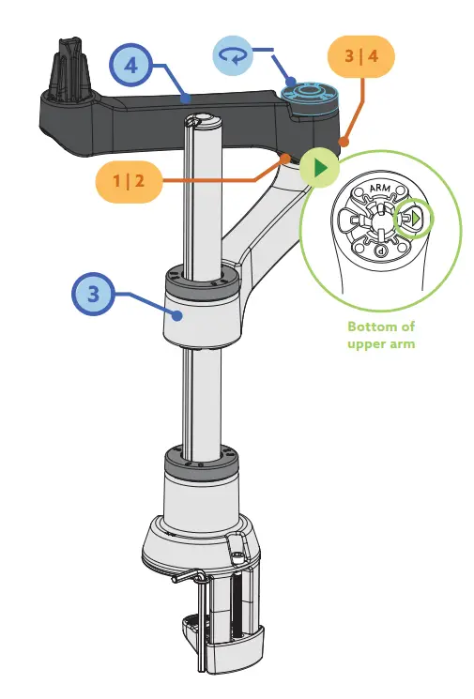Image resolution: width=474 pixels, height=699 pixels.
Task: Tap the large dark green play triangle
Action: (x=321, y=170)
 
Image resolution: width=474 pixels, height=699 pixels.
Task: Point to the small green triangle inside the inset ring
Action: (x=416, y=220)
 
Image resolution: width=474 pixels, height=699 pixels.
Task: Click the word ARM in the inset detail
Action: (x=380, y=189)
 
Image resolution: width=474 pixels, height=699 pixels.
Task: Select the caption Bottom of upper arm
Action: (x=380, y=335)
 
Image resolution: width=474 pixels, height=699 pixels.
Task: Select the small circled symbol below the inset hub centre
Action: (x=381, y=251)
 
